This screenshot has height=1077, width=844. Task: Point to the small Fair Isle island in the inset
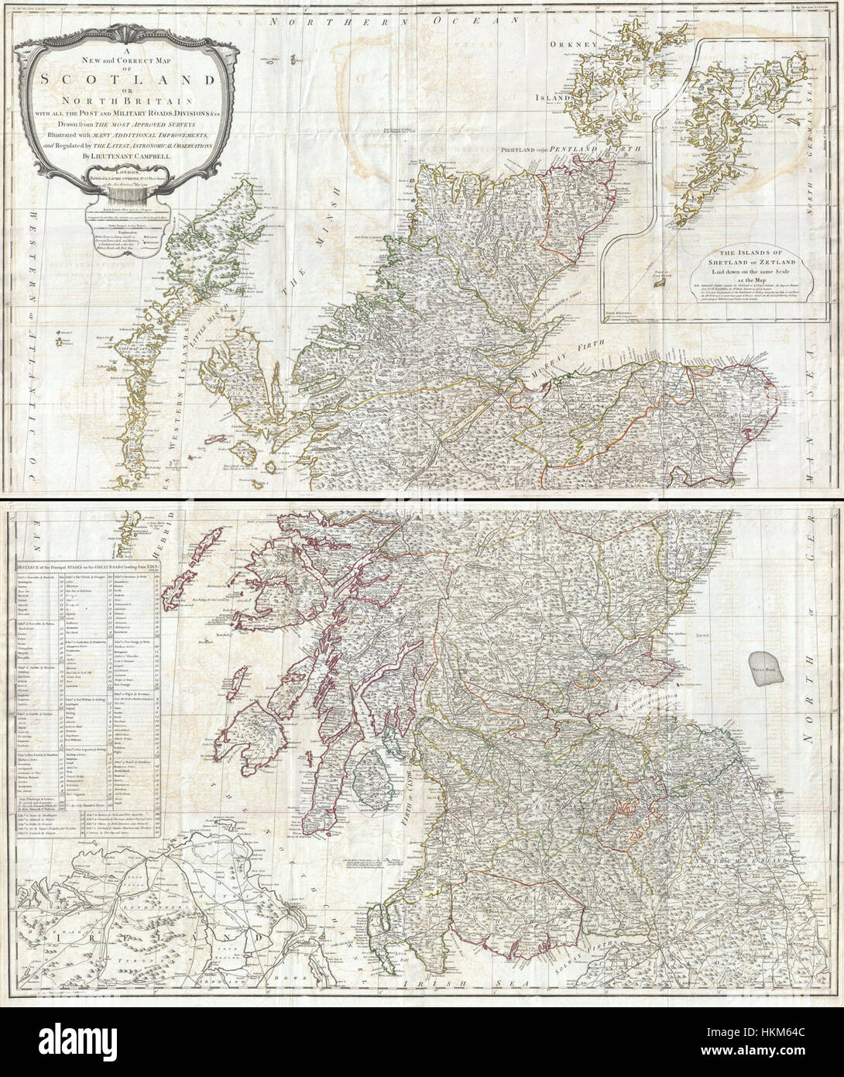coord(660,284)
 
